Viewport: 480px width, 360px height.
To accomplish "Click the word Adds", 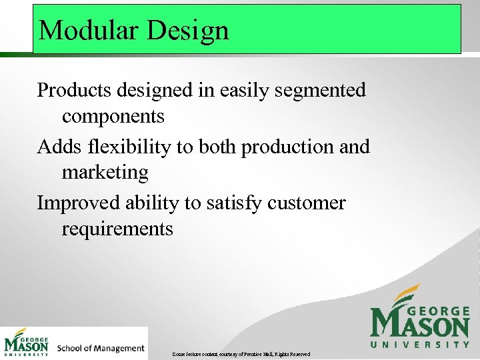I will [57, 146].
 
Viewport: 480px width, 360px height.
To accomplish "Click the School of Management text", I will [101, 347].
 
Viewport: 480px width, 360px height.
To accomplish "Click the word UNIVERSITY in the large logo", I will [420, 344].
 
